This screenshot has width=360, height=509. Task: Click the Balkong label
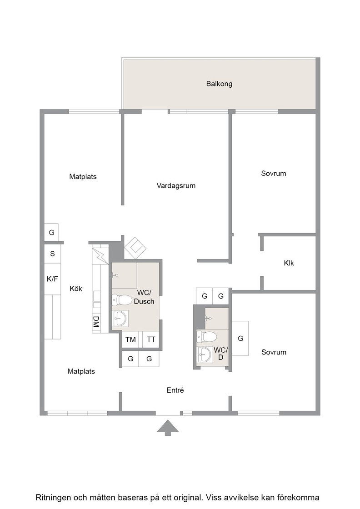pos(219,84)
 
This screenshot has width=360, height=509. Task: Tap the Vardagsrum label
pos(176,186)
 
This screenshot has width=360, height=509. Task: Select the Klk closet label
pos(289,263)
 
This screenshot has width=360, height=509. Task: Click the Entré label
pos(175,390)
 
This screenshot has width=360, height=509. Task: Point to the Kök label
pos(76,289)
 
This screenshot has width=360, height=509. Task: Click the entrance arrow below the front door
pos(168,428)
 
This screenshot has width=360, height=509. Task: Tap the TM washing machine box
pos(130,339)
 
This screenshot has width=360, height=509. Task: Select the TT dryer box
pos(151,339)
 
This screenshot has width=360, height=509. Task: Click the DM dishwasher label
pos(96,321)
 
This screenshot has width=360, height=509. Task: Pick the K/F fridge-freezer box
pos(52,279)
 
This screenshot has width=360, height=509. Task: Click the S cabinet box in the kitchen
pos(52,254)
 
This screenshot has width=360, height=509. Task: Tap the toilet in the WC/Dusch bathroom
pos(122,300)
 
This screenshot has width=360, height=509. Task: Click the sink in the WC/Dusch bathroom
pos(120,319)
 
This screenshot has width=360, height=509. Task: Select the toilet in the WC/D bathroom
pos(206,337)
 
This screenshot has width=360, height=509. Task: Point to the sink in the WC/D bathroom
pos(205,355)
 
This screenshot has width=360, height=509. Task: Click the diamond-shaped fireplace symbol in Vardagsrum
pos(135,248)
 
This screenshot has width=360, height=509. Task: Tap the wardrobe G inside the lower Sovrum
pos(240,339)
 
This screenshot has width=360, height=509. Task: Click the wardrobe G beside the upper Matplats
pos(51,232)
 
